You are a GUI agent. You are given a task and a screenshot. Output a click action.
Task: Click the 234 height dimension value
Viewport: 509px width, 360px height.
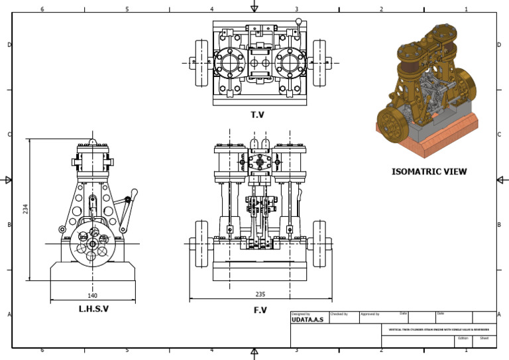pyautogui.click(x=25, y=209)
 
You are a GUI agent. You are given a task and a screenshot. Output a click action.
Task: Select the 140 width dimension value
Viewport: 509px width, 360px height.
pyautogui.click(x=92, y=296)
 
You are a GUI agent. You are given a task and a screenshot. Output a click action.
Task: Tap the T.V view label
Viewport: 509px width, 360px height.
pyautogui.click(x=257, y=115)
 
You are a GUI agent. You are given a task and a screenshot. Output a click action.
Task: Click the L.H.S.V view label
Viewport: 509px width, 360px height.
pyautogui.click(x=93, y=309)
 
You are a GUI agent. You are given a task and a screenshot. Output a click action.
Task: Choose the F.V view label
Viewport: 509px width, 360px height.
pyautogui.click(x=259, y=310)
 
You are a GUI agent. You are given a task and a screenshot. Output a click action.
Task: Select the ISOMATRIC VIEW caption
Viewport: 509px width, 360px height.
pyautogui.click(x=429, y=171)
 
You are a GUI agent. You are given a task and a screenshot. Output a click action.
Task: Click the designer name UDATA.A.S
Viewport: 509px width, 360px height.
pyautogui.click(x=308, y=320)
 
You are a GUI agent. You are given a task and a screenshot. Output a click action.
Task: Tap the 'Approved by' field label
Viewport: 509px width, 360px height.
pyautogui.click(x=370, y=314)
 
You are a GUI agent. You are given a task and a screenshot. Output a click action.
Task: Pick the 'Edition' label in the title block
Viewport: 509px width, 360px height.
pyautogui.click(x=463, y=337)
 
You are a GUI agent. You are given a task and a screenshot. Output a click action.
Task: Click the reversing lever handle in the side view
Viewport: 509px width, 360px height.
pyautogui.click(x=134, y=194)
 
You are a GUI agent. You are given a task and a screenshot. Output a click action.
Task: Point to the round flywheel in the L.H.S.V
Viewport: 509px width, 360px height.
pyautogui.click(x=92, y=245)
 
